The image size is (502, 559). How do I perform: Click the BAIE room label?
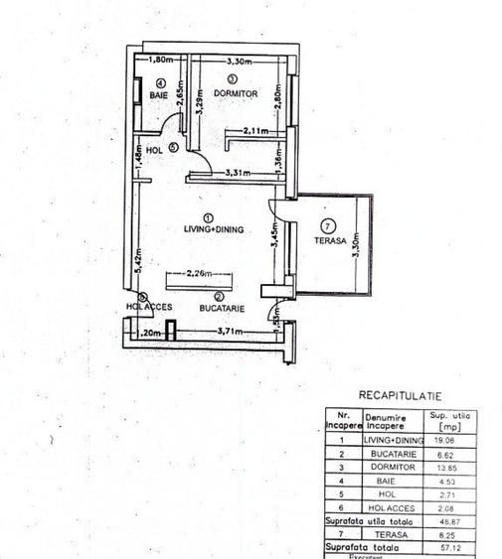point(159,95)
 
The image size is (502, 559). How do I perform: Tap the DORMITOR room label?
point(236,93)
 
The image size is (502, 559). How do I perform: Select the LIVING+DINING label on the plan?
point(207,228)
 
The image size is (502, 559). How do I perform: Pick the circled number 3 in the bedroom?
point(232,79)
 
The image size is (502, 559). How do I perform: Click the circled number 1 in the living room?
point(207,216)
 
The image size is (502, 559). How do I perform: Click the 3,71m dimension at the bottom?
point(229,332)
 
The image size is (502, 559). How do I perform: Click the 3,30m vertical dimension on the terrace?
point(355,242)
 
